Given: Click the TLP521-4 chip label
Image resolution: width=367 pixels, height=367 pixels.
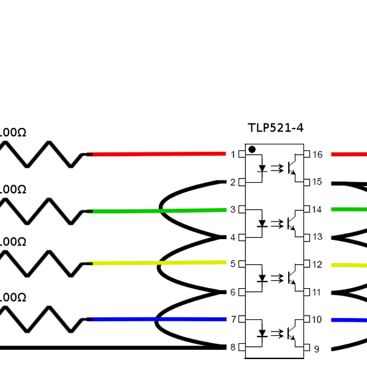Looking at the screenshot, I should [275, 128].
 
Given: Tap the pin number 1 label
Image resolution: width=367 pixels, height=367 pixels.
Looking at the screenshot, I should [233, 154].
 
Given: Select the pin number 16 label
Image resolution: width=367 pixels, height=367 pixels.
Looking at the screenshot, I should [317, 154].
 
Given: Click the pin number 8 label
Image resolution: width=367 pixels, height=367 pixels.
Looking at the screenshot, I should [233, 347].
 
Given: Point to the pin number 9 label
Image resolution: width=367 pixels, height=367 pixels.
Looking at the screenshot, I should [316, 349].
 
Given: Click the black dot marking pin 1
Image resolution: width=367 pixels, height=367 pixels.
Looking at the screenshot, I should [251, 149].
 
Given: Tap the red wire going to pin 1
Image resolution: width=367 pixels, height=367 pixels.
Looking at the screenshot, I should [159, 154].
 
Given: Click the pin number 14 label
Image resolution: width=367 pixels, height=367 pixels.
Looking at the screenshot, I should [317, 209].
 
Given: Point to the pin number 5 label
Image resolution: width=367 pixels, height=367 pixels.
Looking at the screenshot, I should [233, 264].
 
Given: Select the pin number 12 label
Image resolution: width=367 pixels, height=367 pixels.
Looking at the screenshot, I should [317, 264].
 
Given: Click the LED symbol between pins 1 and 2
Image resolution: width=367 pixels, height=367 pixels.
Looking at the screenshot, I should [262, 168].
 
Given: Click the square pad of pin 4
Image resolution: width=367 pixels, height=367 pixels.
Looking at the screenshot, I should [243, 237].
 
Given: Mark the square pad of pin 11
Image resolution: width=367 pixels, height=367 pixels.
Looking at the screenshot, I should [307, 292].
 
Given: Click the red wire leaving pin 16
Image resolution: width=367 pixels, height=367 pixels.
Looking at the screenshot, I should [349, 154].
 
